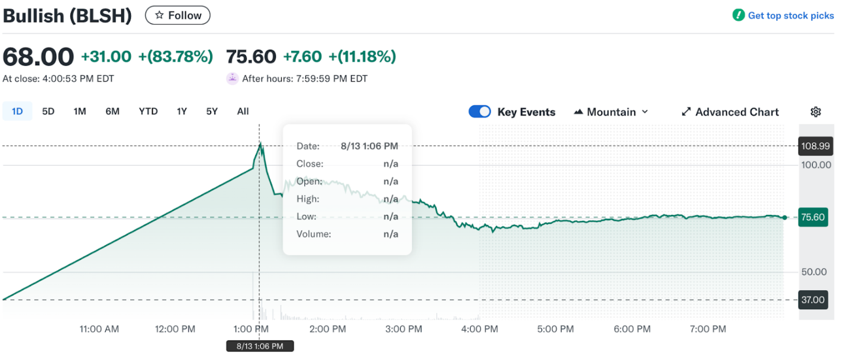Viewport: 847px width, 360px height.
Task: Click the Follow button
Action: pyautogui.click(x=178, y=15)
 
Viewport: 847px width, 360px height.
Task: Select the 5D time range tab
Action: pyautogui.click(x=48, y=111)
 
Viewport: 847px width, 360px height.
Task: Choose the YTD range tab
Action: pyautogui.click(x=148, y=111)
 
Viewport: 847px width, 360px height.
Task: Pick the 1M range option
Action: pyautogui.click(x=80, y=111)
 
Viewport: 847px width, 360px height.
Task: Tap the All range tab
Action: pyautogui.click(x=243, y=111)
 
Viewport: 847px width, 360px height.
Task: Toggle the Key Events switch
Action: pyautogui.click(x=479, y=112)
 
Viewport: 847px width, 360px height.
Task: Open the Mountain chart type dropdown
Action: pyautogui.click(x=611, y=112)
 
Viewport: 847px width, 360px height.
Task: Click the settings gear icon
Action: pyautogui.click(x=816, y=112)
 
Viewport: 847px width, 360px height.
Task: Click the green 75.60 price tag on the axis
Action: pyautogui.click(x=812, y=217)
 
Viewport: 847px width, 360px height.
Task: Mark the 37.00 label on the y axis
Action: pyautogui.click(x=812, y=300)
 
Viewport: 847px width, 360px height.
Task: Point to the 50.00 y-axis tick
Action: pyautogui.click(x=813, y=272)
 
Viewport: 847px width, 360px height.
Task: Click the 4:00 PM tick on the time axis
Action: pyautogui.click(x=479, y=329)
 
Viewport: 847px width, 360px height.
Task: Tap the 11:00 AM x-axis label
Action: pyautogui.click(x=99, y=329)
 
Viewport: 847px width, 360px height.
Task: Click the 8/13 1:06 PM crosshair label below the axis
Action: pyautogui.click(x=260, y=346)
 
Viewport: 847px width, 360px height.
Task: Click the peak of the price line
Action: pyautogui.click(x=260, y=144)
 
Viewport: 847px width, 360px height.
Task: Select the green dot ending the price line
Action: pyautogui.click(x=785, y=217)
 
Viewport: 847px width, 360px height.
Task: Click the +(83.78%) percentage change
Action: pyautogui.click(x=175, y=57)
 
